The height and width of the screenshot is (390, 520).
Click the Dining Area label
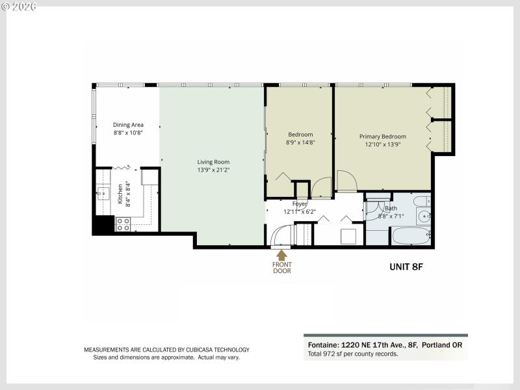tap(128, 125)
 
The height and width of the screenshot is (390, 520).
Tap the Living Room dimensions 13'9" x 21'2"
tap(213, 170)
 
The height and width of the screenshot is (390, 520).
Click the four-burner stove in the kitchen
tap(123, 224)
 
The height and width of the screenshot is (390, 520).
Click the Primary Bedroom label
tap(383, 136)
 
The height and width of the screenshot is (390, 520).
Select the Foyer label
tap(299, 203)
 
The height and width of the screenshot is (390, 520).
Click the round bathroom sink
tap(423, 216)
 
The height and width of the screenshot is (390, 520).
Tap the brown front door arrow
tap(281, 255)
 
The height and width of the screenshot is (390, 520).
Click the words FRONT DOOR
tap(281, 268)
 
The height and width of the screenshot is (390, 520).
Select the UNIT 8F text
tap(406, 266)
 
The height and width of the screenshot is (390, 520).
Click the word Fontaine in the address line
tap(322, 346)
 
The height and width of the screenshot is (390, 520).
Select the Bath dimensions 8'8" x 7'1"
tap(390, 216)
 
